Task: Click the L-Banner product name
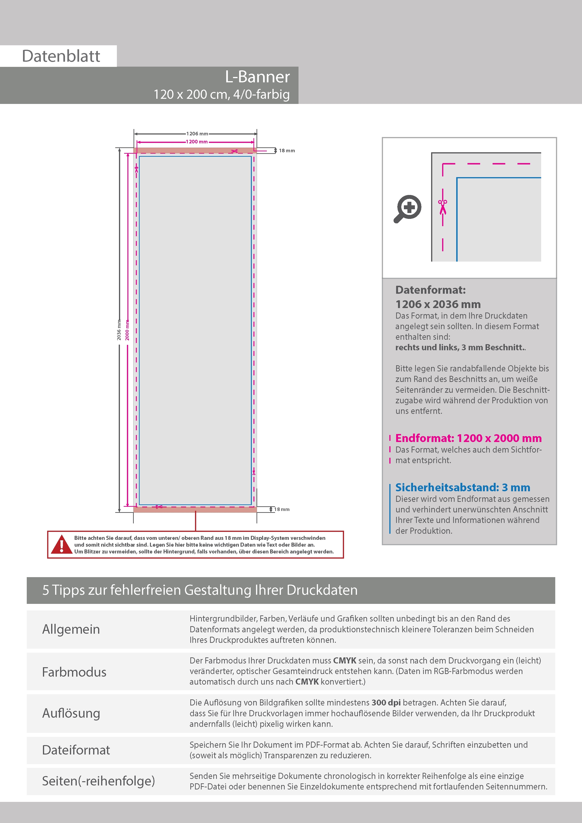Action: (x=257, y=77)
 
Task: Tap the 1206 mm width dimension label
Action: (x=197, y=134)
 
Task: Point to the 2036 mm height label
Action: (x=119, y=330)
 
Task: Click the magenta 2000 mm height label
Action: (x=127, y=330)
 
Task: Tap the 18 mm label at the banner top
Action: (x=287, y=151)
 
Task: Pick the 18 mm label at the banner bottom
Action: (x=282, y=509)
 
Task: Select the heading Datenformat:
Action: (x=430, y=290)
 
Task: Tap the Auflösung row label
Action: (x=71, y=713)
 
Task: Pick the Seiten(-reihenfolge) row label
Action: (x=99, y=781)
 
